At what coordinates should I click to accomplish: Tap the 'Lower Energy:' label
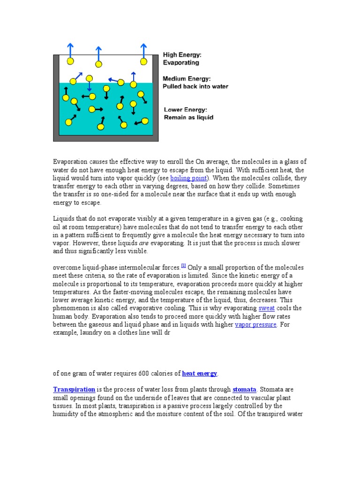coord(185,110)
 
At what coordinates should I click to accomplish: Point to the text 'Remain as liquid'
coord(188,117)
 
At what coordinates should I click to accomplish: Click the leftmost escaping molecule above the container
coord(70,61)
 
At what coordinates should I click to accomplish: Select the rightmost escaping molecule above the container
coord(143,61)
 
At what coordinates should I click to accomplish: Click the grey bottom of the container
coord(105,138)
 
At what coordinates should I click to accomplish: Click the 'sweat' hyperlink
coord(267,308)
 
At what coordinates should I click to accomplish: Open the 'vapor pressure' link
coord(255,324)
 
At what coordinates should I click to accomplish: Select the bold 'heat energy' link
coord(199,373)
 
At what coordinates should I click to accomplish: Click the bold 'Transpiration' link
coord(74,390)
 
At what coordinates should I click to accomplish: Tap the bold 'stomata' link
coord(244,390)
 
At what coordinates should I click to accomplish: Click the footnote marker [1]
coord(184,265)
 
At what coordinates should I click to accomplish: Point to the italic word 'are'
coord(144,243)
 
